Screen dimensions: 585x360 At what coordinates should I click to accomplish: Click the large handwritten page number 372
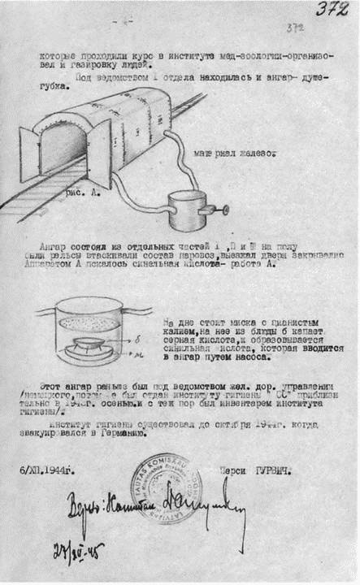(333, 11)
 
